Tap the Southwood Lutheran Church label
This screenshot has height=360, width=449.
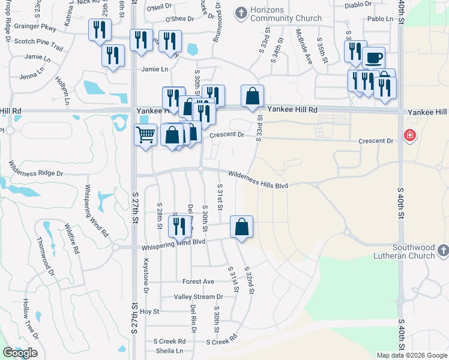[414, 251]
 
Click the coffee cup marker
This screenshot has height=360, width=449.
[373, 58]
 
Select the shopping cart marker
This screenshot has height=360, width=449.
[145, 136]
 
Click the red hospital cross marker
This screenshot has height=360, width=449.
[411, 135]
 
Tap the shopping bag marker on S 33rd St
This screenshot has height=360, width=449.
[253, 95]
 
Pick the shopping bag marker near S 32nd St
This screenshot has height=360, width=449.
[241, 227]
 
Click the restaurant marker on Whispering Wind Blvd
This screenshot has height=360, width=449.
[178, 227]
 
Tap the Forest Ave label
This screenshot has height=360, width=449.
[198, 281]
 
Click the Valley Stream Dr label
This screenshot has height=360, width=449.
[198, 297]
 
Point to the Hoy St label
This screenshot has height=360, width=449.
[149, 312]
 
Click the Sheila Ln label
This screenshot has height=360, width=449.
[169, 350]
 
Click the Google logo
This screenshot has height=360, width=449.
[20, 353]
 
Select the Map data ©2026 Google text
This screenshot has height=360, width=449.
[412, 355]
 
